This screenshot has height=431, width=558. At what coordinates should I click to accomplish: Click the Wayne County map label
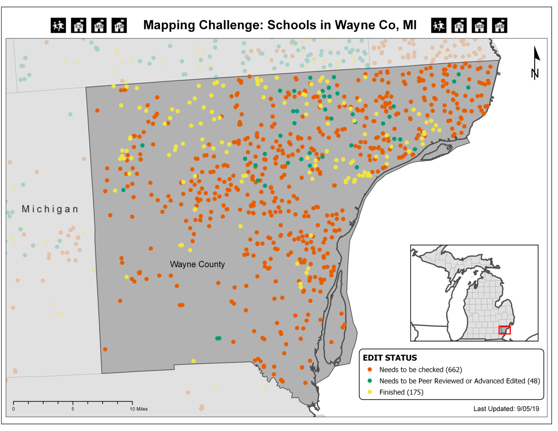coord(197,264)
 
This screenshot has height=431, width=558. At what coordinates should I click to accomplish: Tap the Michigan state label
coord(50,209)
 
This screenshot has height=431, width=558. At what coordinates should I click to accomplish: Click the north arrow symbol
coord(535,63)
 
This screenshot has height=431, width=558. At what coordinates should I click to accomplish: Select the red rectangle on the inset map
coord(505,330)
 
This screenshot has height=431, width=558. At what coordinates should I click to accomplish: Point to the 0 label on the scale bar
coord(13,409)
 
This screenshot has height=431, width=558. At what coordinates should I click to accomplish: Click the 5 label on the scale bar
coord(73,409)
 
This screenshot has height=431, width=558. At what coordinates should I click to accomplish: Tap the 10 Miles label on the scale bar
coord(139,409)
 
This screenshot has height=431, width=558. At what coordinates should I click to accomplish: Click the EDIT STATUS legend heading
coord(390,358)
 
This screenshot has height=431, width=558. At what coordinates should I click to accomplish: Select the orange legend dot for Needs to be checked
coord(370,370)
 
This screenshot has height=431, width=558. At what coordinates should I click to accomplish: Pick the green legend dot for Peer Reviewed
coord(370,381)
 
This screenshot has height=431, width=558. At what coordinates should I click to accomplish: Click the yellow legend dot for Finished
coord(370,392)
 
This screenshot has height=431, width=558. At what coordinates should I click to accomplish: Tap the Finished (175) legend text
coord(401,392)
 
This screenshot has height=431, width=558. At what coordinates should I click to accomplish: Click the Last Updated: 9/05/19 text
coord(506,409)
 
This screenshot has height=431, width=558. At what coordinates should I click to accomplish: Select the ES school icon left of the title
coord(79,25)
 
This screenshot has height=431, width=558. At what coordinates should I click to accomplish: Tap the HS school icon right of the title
coord(500,25)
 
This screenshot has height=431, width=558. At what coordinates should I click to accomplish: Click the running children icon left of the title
coord(58,25)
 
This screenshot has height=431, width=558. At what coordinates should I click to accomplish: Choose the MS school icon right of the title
coord(479,25)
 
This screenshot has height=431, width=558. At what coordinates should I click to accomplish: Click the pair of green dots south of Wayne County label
coord(218,338)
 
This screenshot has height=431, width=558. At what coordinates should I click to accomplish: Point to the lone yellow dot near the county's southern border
coord(193,361)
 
